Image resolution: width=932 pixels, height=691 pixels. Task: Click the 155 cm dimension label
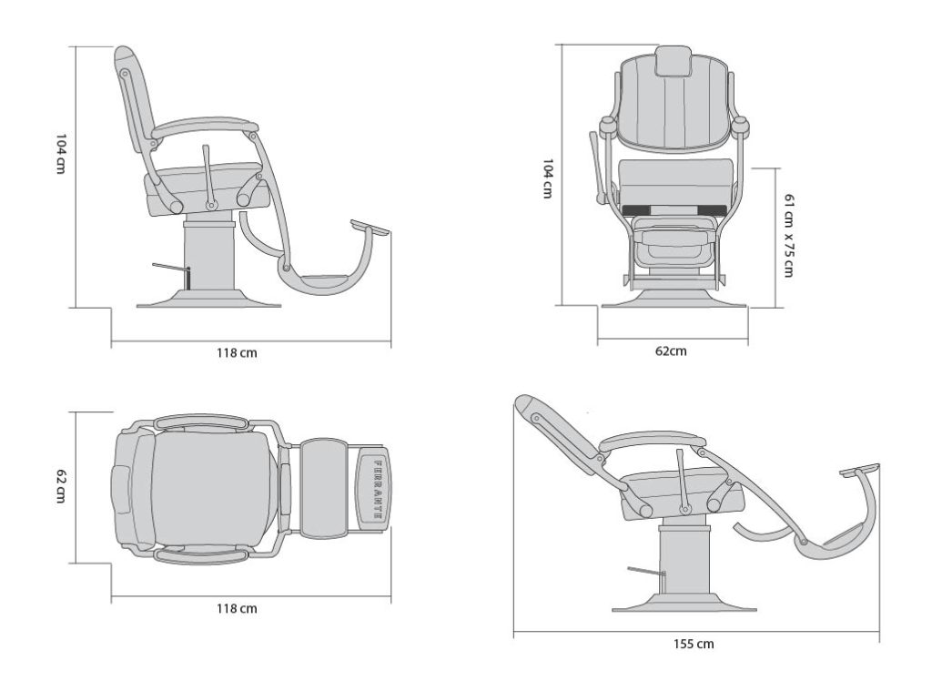(694, 644)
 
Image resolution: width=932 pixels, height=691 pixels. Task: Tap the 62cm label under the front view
(671, 351)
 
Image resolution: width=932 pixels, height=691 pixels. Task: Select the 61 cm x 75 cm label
(788, 235)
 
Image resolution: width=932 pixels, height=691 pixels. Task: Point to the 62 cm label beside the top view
(61, 486)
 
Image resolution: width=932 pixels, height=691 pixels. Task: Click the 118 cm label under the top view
(237, 609)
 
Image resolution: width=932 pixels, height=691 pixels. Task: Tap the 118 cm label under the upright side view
(237, 352)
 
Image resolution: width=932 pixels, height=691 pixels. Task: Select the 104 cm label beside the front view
(547, 178)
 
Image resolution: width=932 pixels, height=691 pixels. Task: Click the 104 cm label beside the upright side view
(61, 154)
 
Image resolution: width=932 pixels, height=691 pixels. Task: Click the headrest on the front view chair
(674, 61)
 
